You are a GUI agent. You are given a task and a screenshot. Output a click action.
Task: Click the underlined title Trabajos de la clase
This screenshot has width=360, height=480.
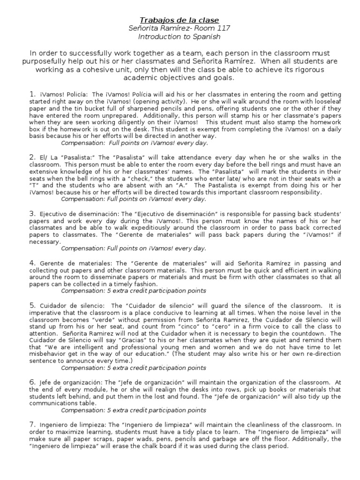click(x=180, y=20)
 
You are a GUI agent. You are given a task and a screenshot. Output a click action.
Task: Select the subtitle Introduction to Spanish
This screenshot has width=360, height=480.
click(x=180, y=37)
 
